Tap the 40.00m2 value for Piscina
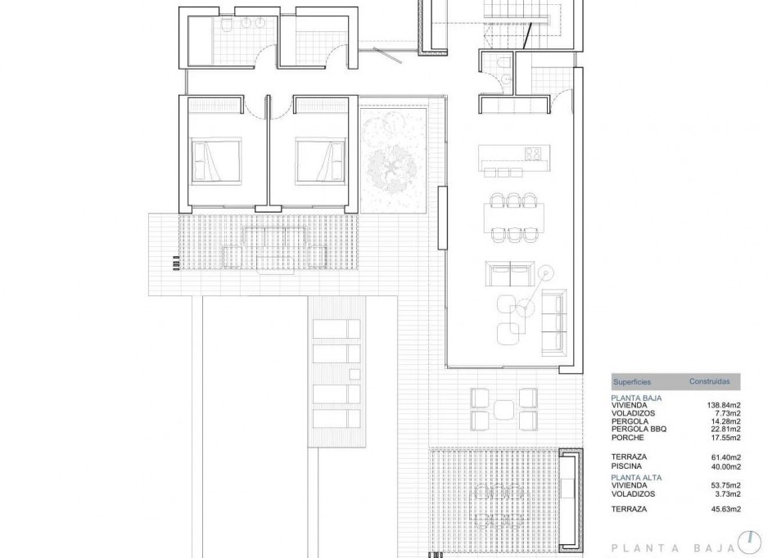725,466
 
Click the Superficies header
632,382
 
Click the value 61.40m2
725,457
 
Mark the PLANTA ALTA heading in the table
636,476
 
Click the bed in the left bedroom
216,160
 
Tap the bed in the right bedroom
320,160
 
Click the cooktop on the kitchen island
533,153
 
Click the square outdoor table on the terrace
504,410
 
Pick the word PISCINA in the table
625,466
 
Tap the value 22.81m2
725,428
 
